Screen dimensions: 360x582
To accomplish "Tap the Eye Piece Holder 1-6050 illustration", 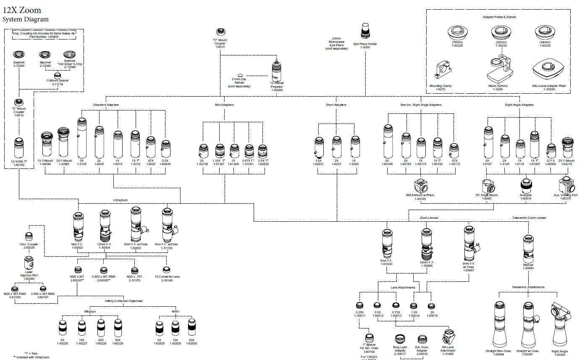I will coord(364,32).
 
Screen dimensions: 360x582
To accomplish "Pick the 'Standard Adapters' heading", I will coord(106,105).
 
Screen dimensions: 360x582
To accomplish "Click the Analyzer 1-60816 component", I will coord(526,184).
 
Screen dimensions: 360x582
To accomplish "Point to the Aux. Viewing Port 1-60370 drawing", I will coord(565,184).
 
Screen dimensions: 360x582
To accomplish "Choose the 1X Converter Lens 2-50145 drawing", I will coord(167,269).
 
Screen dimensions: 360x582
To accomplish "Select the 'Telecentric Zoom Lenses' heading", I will coord(529,218).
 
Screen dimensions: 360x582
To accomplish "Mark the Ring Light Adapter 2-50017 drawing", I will coord(400,339).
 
